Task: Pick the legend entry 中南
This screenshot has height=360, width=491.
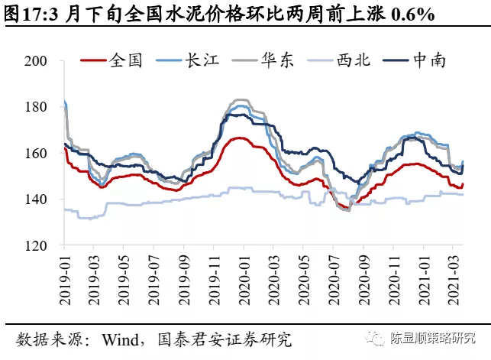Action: click(x=429, y=60)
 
